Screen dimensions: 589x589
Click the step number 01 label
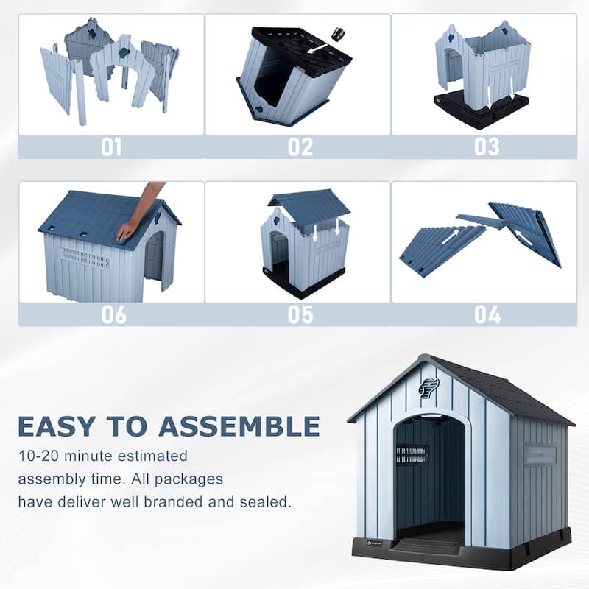click(x=111, y=147)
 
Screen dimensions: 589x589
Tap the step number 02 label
click(x=300, y=147)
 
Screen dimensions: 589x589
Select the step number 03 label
click(x=487, y=147)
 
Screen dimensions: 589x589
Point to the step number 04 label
click(x=487, y=314)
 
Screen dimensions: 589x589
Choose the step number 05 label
click(x=300, y=314)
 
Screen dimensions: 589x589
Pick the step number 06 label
click(x=114, y=314)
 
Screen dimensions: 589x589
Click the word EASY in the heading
click(x=56, y=426)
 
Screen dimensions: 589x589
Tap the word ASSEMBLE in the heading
click(x=239, y=426)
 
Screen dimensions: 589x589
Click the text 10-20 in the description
click(x=39, y=456)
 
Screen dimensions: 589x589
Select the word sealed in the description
click(x=265, y=502)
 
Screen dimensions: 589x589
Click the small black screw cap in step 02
click(x=337, y=34)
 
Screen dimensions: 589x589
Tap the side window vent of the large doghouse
click(x=540, y=454)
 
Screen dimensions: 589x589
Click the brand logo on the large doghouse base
click(x=374, y=543)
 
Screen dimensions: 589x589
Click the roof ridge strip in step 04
click(x=482, y=221)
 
